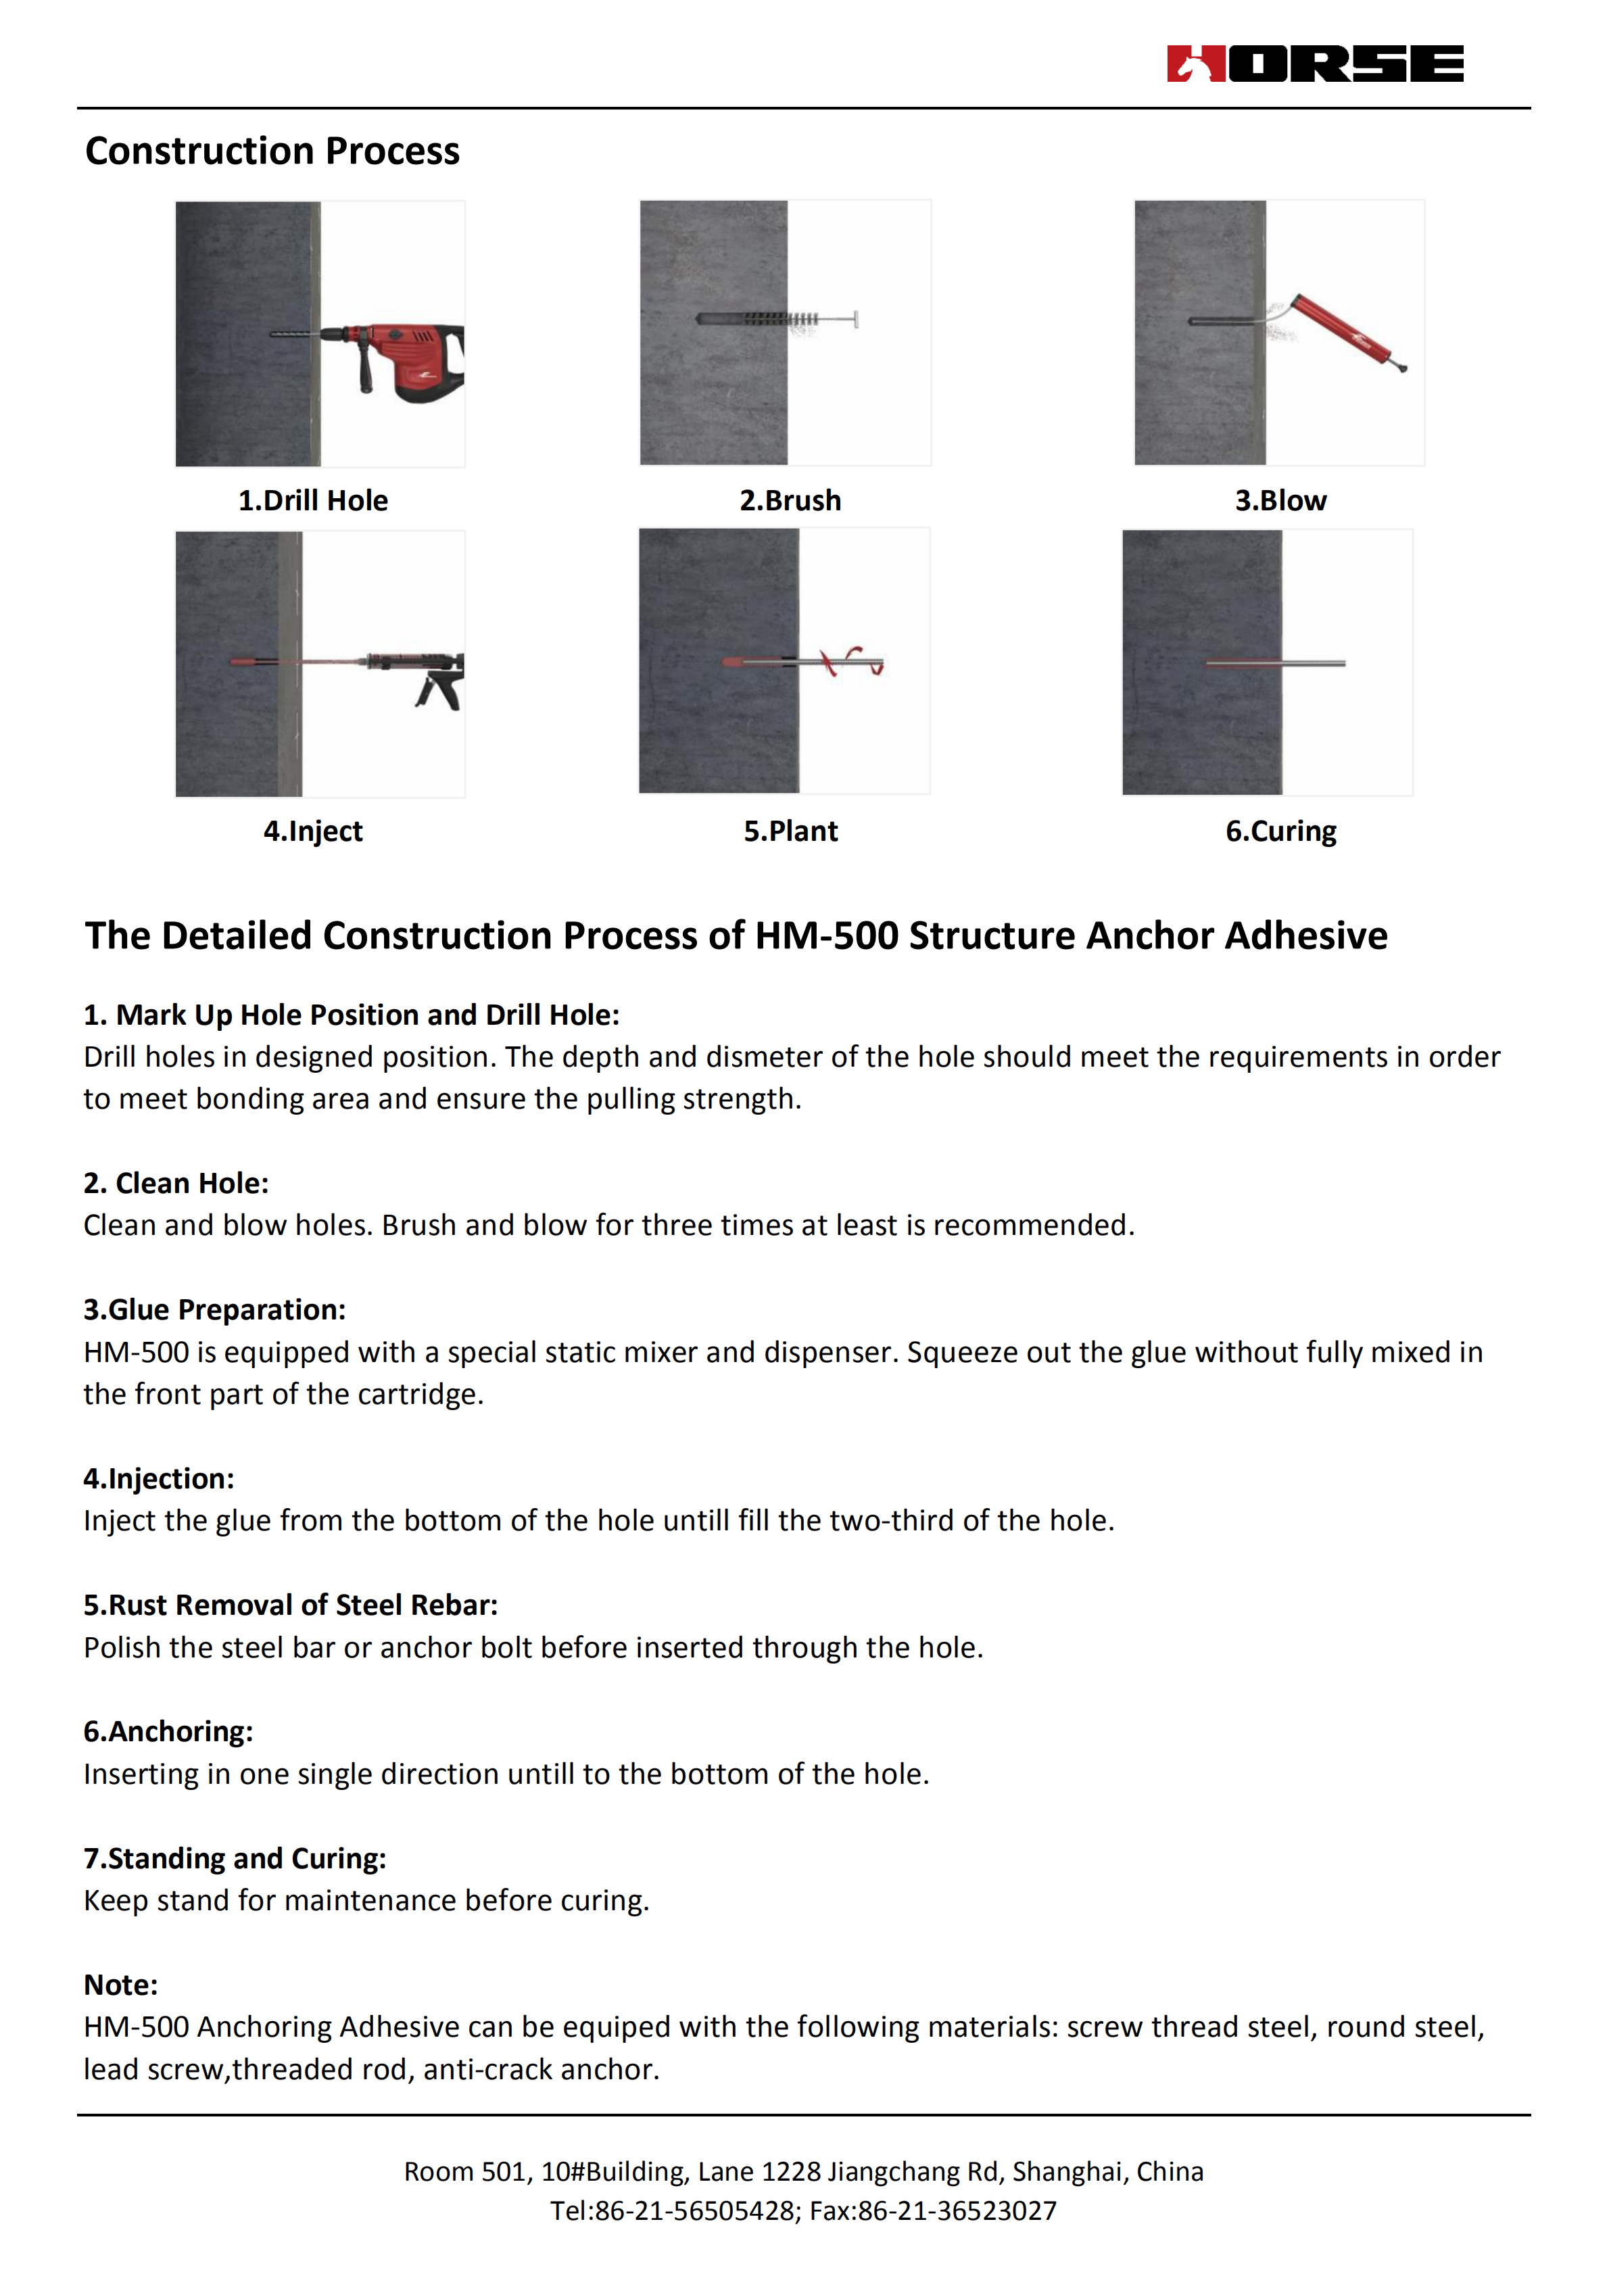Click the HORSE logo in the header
point(1314,64)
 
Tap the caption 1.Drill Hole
point(312,501)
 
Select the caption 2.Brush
point(790,501)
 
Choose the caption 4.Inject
point(312,831)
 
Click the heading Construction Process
point(272,151)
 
